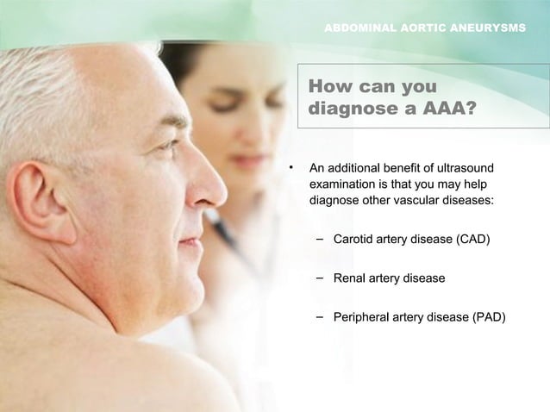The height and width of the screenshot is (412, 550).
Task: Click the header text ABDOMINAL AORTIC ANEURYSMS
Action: tap(423, 28)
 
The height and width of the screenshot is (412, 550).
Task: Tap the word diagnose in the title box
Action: tap(348, 110)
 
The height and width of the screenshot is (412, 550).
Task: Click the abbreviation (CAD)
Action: tap(471, 238)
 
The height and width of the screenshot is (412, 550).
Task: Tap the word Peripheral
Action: tap(365, 318)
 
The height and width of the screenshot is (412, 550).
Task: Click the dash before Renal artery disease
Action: tap(320, 278)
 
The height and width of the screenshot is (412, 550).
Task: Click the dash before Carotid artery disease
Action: tap(320, 237)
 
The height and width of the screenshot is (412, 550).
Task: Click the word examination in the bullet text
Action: tap(347, 184)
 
